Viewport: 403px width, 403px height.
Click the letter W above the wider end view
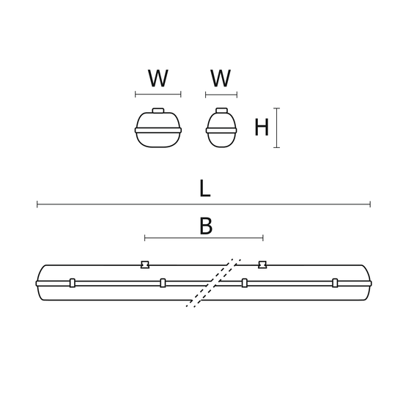tap(158, 78)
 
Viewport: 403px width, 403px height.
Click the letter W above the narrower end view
tap(221, 78)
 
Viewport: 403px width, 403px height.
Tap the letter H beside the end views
tap(262, 127)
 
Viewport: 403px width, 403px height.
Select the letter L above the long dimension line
tap(205, 188)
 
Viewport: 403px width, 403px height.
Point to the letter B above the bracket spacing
tap(206, 226)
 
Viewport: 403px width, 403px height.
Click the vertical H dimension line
tap(277, 127)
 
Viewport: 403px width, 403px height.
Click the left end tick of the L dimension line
tap(37, 204)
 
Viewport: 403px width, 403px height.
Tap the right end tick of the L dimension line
tap(370, 204)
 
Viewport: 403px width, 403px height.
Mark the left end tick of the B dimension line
tap(144, 237)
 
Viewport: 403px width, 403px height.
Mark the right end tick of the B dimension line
tap(263, 237)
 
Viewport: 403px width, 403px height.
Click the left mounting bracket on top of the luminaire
tap(145, 265)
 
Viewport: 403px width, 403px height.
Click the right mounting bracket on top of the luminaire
tap(262, 265)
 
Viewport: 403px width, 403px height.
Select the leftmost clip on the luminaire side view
tap(73, 283)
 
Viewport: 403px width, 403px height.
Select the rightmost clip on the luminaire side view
tap(335, 283)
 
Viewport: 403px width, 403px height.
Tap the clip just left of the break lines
tap(163, 283)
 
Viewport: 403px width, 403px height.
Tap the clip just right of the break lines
tap(245, 283)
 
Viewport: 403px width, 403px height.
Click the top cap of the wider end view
tap(158, 111)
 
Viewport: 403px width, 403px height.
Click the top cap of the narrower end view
tap(221, 111)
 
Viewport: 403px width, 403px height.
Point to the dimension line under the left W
tap(158, 95)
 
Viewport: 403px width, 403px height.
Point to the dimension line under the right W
tap(221, 95)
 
